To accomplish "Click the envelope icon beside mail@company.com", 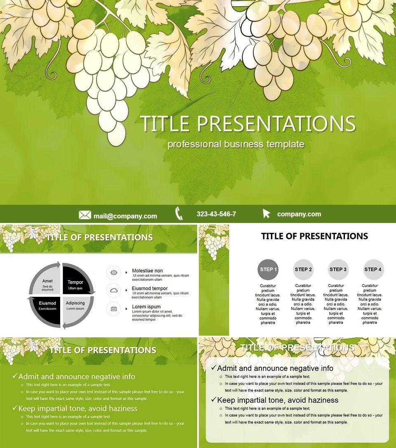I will click(85, 215).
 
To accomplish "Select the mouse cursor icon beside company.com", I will click(266, 214).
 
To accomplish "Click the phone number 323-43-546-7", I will click(216, 214).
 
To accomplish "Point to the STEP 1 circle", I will click(268, 270).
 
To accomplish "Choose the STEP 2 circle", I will click(303, 270).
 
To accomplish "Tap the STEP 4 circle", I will click(373, 270).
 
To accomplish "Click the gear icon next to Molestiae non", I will click(114, 273).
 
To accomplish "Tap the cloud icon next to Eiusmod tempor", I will click(114, 291).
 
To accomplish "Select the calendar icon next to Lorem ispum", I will click(114, 309).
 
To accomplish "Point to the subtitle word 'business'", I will click(244, 144).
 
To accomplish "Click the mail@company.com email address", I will click(125, 216).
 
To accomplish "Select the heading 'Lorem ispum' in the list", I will click(146, 307).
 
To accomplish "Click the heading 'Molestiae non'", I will click(147, 271).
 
